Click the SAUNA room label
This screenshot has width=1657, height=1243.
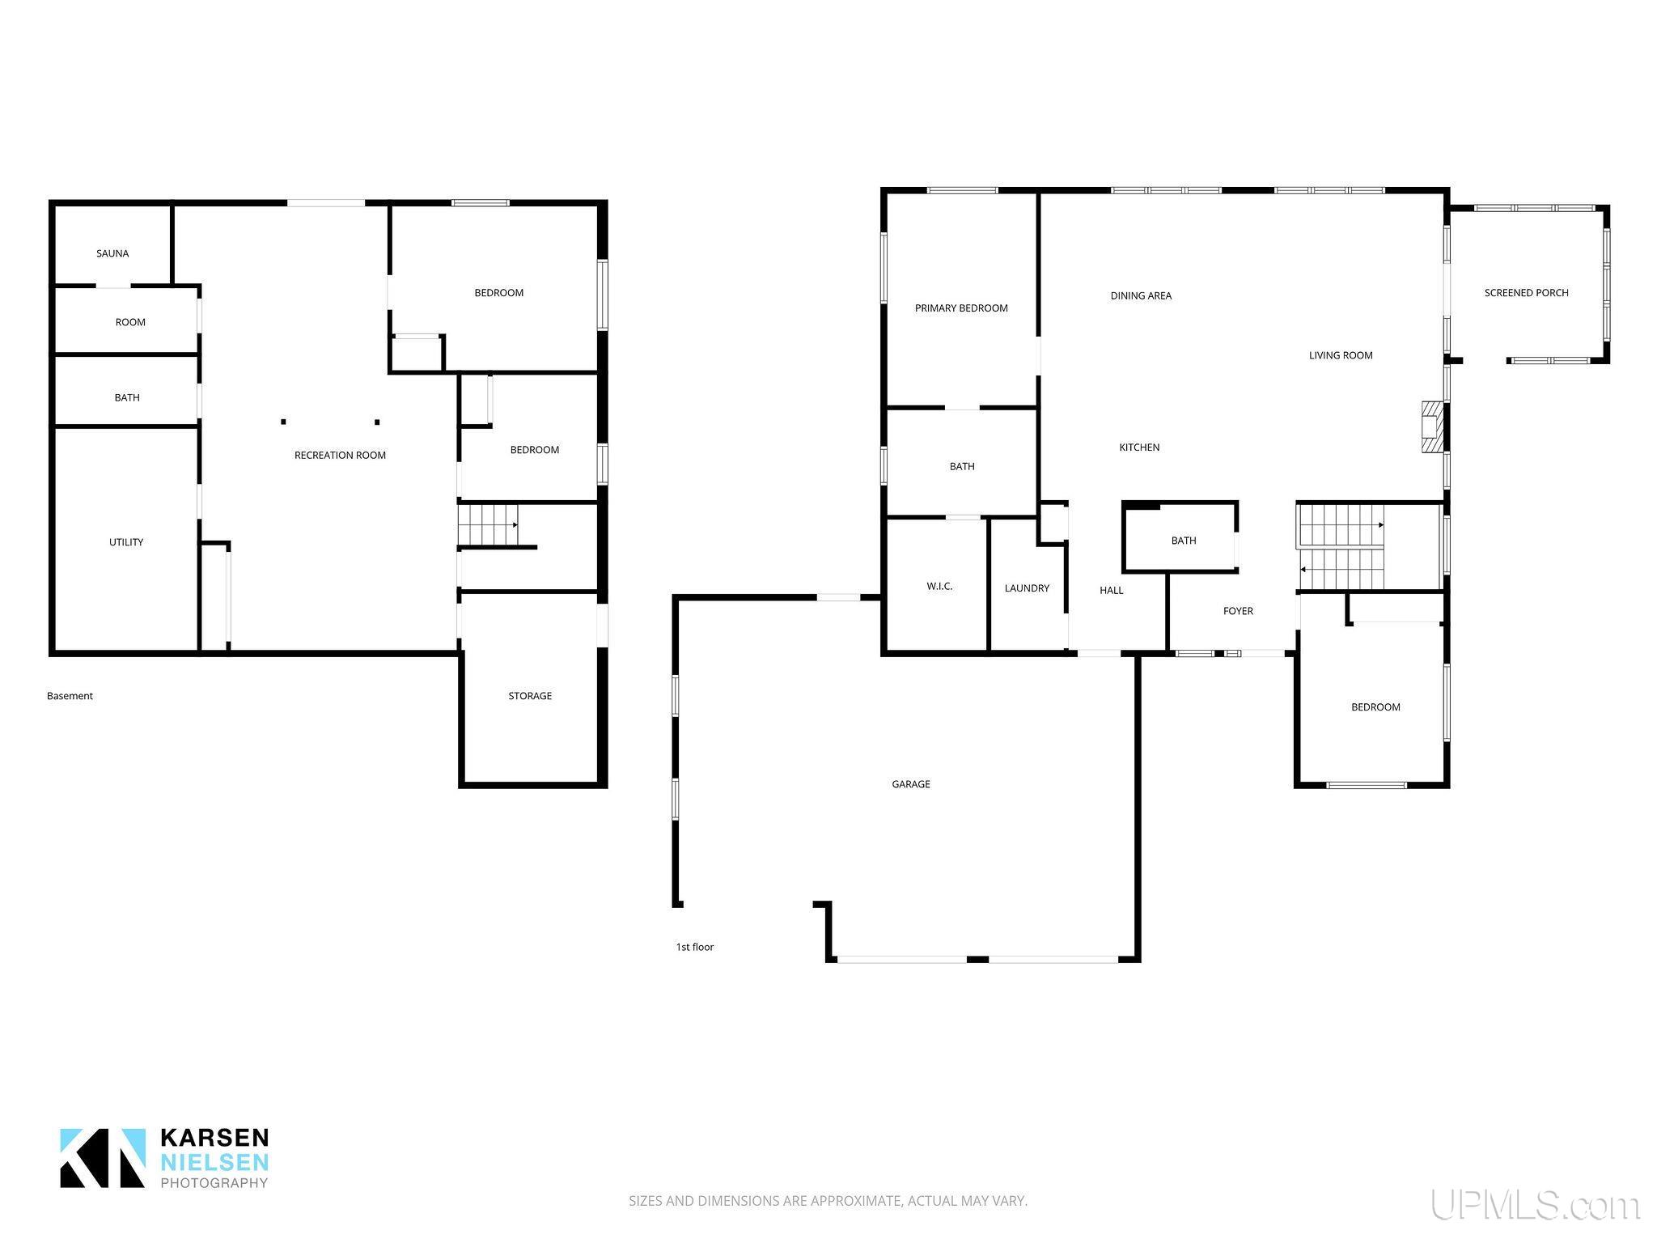pyautogui.click(x=112, y=253)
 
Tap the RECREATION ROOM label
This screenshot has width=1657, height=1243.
pyautogui.click(x=340, y=455)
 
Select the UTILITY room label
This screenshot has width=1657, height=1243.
pyautogui.click(x=126, y=542)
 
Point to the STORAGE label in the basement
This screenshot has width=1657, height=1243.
pyautogui.click(x=530, y=696)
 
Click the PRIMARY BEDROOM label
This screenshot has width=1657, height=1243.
pyautogui.click(x=961, y=308)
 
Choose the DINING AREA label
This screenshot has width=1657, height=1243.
pyautogui.click(x=1141, y=296)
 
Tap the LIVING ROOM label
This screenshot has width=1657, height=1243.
pyautogui.click(x=1341, y=355)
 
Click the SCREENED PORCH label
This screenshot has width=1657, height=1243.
pyautogui.click(x=1526, y=293)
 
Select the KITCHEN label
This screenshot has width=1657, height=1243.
pyautogui.click(x=1139, y=448)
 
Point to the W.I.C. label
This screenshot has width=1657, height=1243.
pyautogui.click(x=939, y=587)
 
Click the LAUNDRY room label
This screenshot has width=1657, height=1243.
pyautogui.click(x=1027, y=588)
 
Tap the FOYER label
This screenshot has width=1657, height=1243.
pyautogui.click(x=1238, y=612)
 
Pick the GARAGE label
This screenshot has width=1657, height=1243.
pyautogui.click(x=911, y=784)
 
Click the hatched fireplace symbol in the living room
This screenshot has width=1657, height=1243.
pyautogui.click(x=1432, y=426)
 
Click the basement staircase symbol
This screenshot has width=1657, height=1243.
pyautogui.click(x=488, y=524)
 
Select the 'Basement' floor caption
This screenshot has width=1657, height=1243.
pyautogui.click(x=70, y=696)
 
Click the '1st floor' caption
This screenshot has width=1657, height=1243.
pyautogui.click(x=695, y=947)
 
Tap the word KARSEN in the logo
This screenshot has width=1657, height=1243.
pyautogui.click(x=214, y=1138)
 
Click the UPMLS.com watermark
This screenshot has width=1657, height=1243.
pyautogui.click(x=1535, y=1205)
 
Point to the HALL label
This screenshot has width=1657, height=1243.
pyautogui.click(x=1112, y=591)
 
